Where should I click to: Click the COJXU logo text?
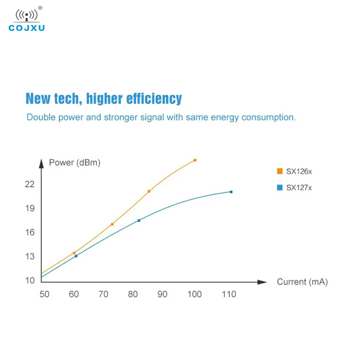tap(27, 28)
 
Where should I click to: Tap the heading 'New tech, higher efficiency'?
tap(103, 99)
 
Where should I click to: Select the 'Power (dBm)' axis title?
tap(74, 163)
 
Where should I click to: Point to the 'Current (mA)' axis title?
tap(302, 282)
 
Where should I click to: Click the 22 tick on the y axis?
tap(30, 184)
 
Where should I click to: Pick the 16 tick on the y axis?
tap(30, 232)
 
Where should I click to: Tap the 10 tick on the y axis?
tap(30, 280)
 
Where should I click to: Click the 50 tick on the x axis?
tap(44, 294)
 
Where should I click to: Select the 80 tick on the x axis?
tap(133, 294)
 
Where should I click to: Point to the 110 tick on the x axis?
tap(229, 294)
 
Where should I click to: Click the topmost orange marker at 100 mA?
tap(195, 160)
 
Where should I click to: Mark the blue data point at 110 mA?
tap(231, 192)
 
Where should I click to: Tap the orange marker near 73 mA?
tap(112, 224)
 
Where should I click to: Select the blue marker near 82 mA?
tap(139, 220)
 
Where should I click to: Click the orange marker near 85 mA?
tap(149, 191)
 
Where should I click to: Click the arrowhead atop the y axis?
tap(41, 162)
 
